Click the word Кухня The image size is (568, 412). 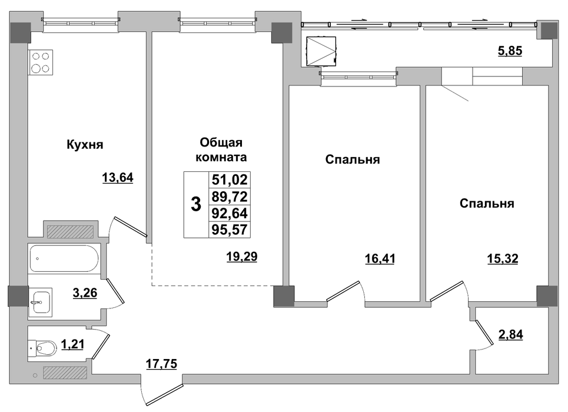(85, 145)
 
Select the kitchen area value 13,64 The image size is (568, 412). (118, 178)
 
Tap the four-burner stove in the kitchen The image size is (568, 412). (41, 62)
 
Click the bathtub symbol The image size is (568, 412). (64, 258)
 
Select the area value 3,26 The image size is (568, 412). (85, 293)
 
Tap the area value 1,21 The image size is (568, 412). (72, 344)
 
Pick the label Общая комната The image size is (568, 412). (221, 149)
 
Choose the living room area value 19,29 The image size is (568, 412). (241, 257)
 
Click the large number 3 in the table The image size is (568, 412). (196, 204)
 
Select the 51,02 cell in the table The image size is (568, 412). (230, 180)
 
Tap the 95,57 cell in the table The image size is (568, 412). (230, 230)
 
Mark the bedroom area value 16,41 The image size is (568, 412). (380, 259)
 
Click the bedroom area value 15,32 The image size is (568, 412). (503, 259)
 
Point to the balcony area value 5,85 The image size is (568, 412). (510, 51)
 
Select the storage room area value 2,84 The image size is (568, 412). (511, 334)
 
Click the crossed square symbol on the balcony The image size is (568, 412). (321, 51)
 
